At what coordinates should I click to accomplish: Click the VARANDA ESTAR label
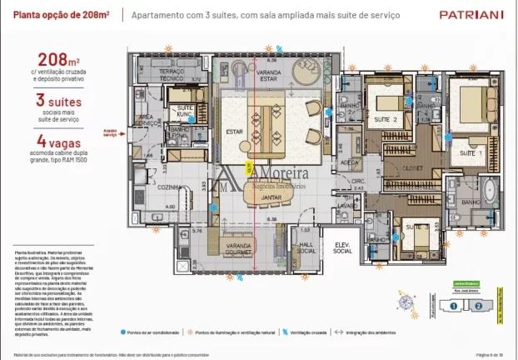tap(267, 76)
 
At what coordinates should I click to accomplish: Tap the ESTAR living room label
tap(234, 131)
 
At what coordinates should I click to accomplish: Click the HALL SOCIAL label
tap(306, 247)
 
